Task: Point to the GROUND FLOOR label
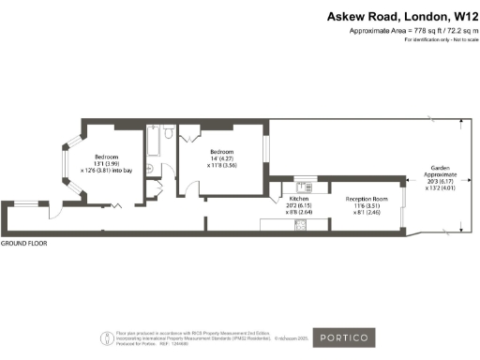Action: click(x=24, y=243)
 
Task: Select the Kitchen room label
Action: click(x=299, y=200)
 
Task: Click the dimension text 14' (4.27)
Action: click(x=222, y=158)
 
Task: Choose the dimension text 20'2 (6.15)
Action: click(x=299, y=206)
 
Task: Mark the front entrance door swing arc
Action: click(x=55, y=211)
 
